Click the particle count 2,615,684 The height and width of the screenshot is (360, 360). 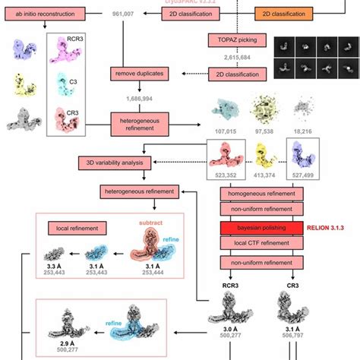point(235,57)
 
